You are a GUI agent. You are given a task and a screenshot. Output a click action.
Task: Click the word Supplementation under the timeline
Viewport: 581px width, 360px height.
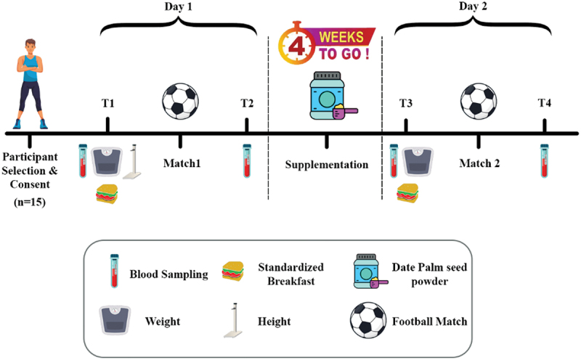coord(326,165)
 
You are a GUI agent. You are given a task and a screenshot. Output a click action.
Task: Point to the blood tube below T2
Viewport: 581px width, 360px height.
coord(248,160)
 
